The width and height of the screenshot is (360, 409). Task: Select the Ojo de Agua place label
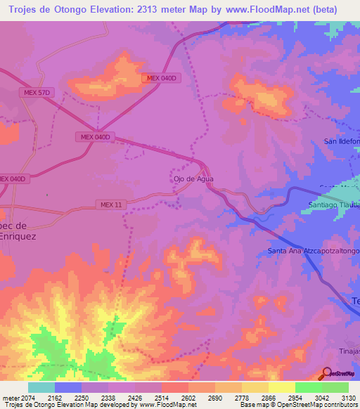click(193, 178)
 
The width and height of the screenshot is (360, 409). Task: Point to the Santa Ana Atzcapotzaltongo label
click(314, 251)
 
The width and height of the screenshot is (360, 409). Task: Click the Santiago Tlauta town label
click(334, 204)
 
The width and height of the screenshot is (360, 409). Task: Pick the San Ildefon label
click(341, 141)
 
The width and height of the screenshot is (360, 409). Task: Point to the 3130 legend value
click(348, 398)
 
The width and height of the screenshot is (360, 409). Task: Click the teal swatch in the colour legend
click(41, 387)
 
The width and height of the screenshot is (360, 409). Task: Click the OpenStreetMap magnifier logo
click(327, 373)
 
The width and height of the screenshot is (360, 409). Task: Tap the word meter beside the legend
click(10, 398)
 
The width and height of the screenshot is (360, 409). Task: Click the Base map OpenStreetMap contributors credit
click(297, 405)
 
